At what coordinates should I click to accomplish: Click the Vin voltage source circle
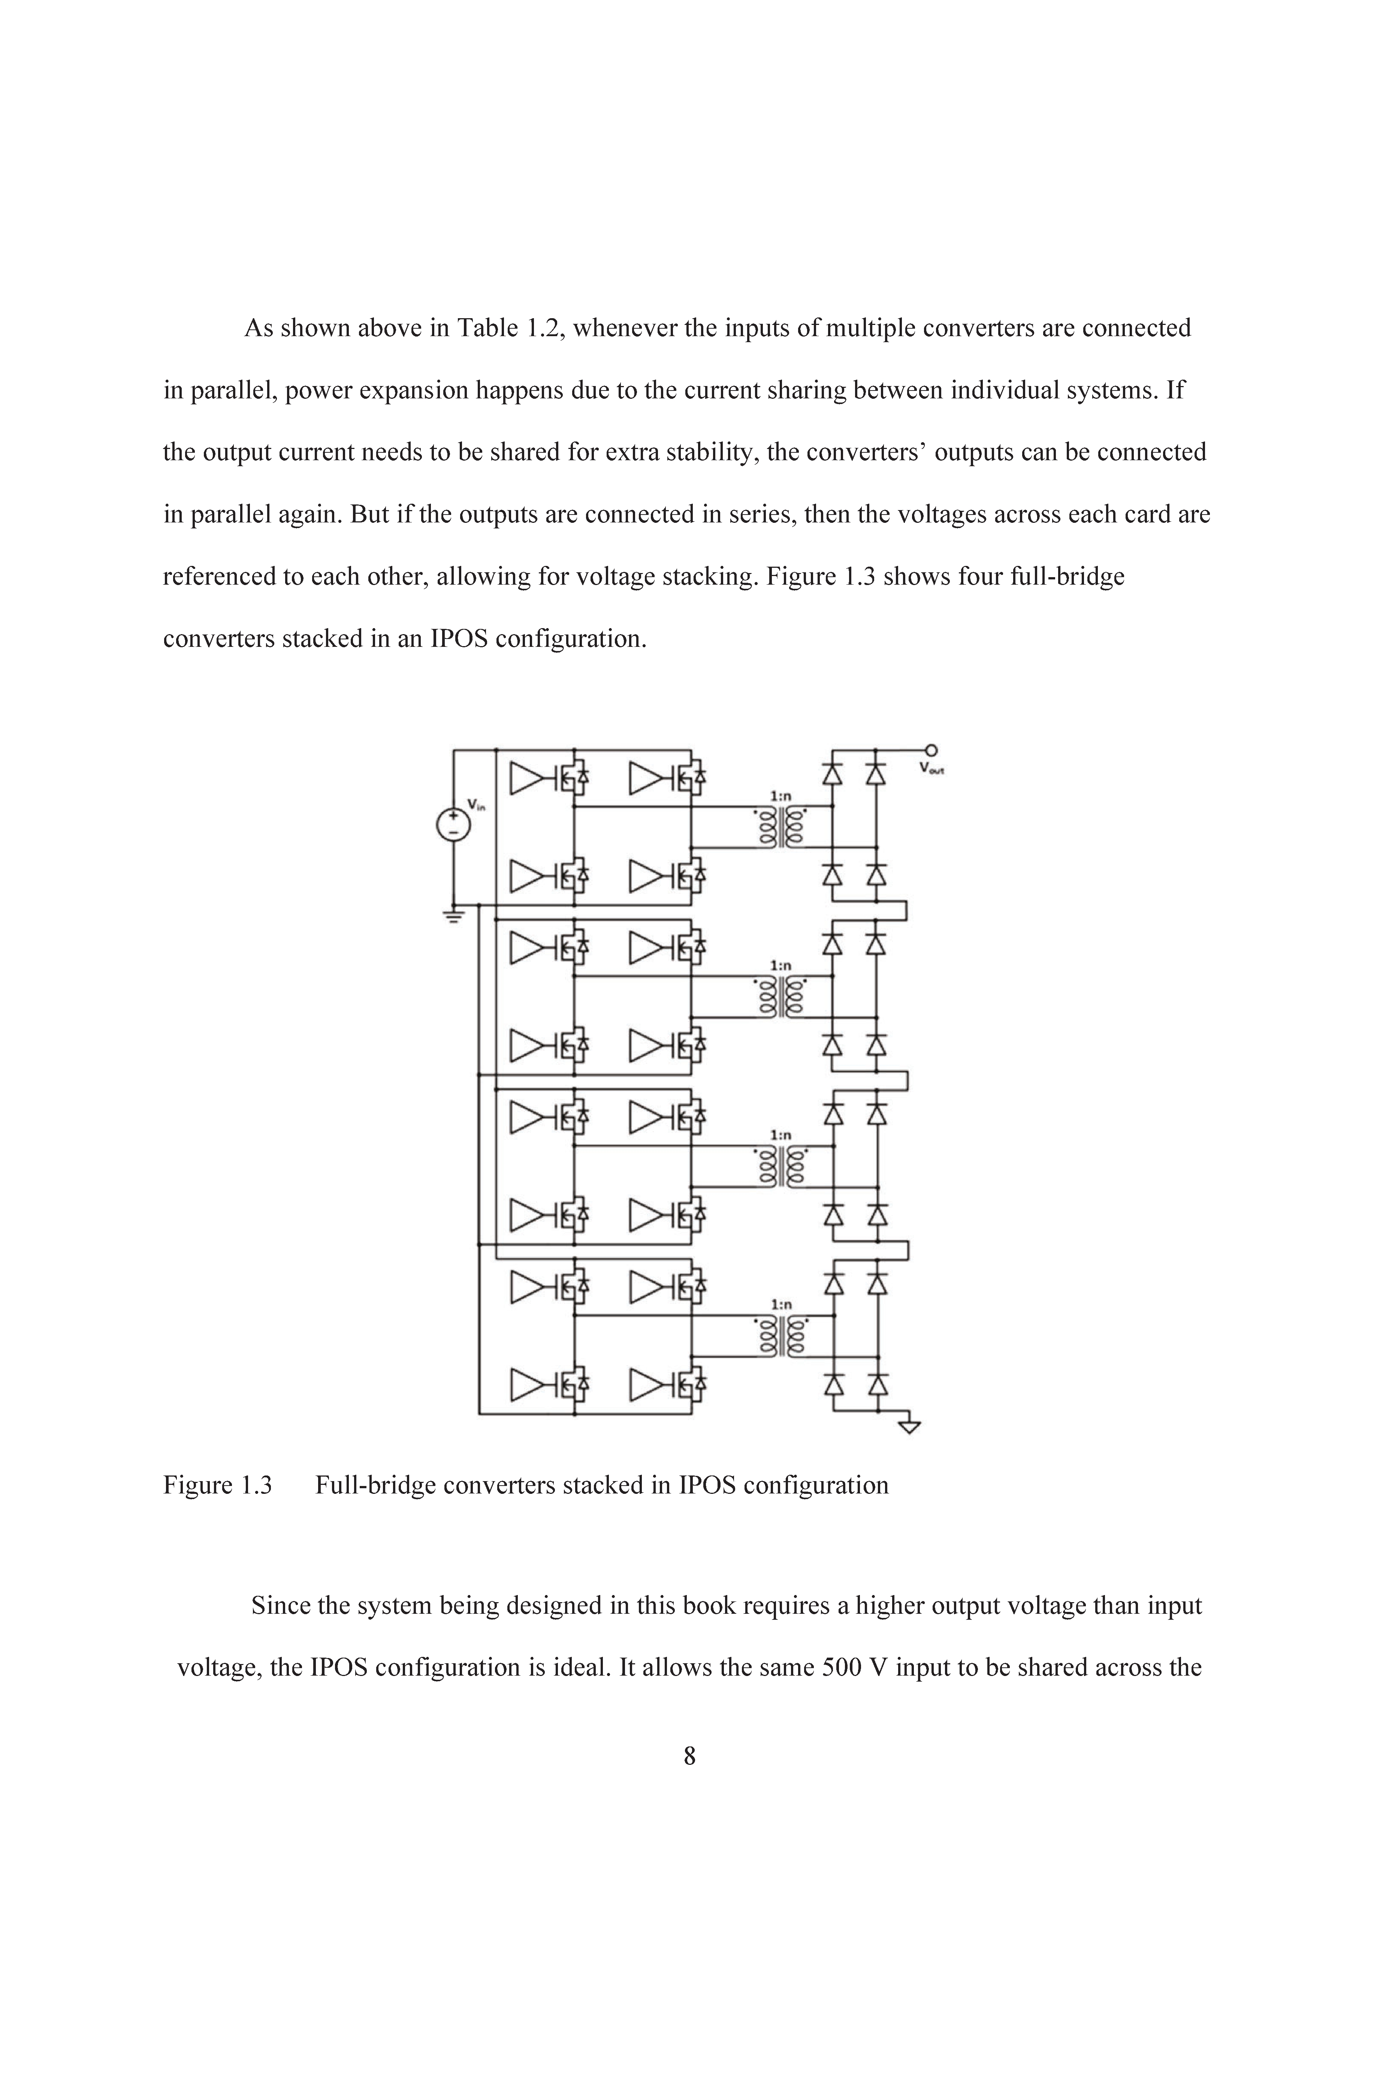click(x=453, y=824)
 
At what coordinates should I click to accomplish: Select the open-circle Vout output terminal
click(x=931, y=749)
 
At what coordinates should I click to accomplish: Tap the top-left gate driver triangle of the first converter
click(x=527, y=777)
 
